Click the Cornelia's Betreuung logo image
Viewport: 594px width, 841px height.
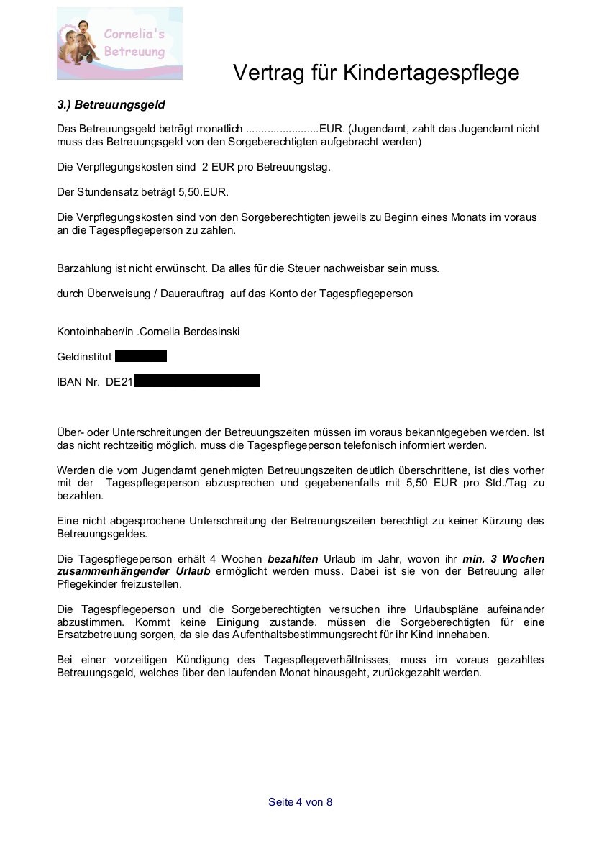(119, 43)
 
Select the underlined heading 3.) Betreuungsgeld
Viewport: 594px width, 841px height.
(111, 105)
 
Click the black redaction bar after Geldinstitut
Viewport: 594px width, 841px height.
(141, 356)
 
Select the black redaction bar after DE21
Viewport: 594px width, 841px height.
(197, 381)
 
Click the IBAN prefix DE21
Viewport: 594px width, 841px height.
(119, 382)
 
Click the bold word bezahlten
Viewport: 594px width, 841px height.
(293, 559)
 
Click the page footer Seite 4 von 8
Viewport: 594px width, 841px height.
(301, 802)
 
